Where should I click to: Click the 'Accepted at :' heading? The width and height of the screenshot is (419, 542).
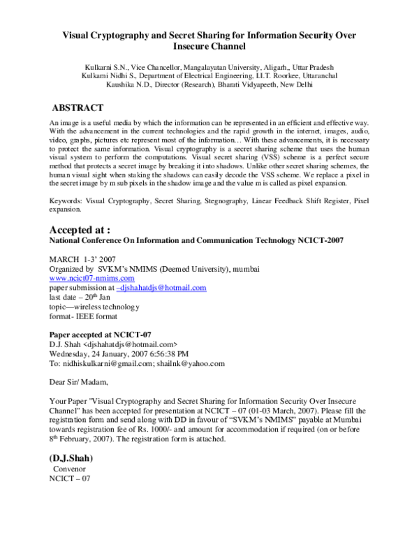80,229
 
